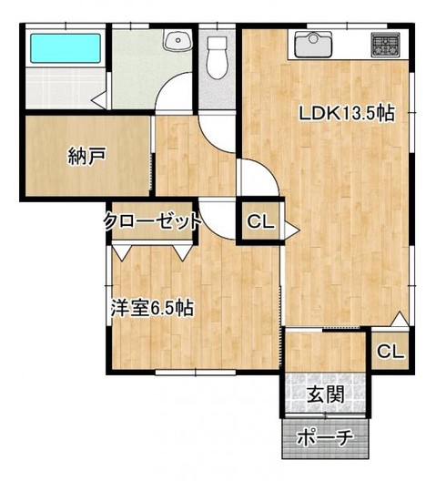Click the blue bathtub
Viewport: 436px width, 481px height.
(x=66, y=48)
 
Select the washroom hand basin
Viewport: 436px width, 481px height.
(x=177, y=40)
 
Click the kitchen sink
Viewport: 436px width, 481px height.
(x=313, y=45)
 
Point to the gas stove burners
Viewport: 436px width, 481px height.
(x=386, y=45)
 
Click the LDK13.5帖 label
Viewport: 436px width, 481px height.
(x=347, y=113)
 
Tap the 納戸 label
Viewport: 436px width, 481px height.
(x=87, y=156)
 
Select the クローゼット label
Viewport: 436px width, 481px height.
(x=152, y=221)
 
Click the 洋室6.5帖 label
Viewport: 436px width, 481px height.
(x=152, y=308)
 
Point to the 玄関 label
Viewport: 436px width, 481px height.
(x=326, y=394)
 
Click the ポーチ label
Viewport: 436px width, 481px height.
(x=325, y=438)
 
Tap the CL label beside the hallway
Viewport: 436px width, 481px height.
(x=260, y=221)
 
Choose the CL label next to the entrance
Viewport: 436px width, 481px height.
(x=390, y=352)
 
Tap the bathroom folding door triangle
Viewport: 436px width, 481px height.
(x=100, y=99)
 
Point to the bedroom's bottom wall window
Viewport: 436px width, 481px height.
(x=196, y=373)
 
